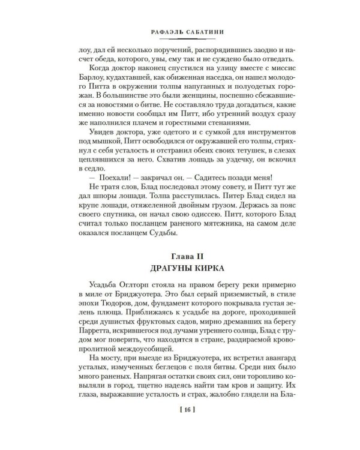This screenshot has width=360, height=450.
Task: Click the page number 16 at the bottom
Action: pyautogui.click(x=180, y=427)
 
